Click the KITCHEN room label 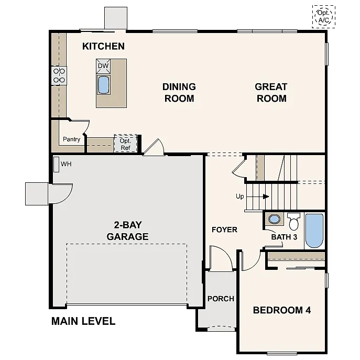(x=103, y=46)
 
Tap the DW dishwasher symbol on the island (x=103, y=66)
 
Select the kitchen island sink (x=103, y=84)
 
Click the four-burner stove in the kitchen (x=59, y=75)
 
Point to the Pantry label (x=71, y=139)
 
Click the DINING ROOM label (x=179, y=92)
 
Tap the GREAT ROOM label (x=271, y=92)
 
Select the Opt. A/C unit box (x=323, y=17)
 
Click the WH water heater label (x=66, y=164)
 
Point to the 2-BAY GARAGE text (x=127, y=231)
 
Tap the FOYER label (x=224, y=230)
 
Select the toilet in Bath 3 (x=293, y=222)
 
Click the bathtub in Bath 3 (x=314, y=230)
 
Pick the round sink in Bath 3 (x=273, y=219)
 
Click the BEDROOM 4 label (x=282, y=310)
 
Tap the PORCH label (x=221, y=299)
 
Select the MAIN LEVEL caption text (x=83, y=321)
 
